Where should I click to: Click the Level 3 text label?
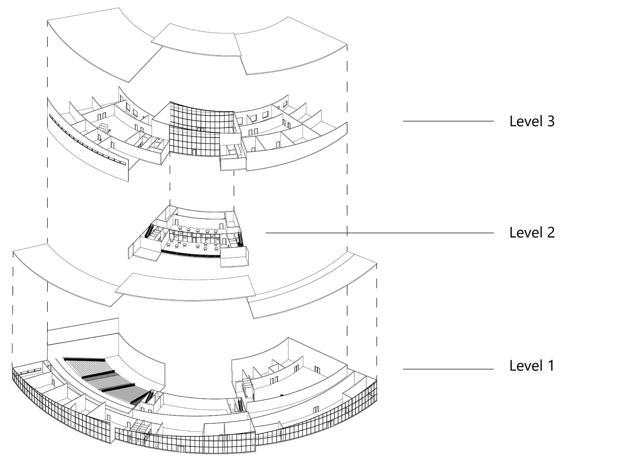point(532,121)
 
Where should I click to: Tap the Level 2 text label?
point(532,232)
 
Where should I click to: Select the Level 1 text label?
point(532,365)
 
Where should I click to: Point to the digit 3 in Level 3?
point(551,121)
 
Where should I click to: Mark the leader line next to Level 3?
point(448,121)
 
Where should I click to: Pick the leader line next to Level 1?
point(448,369)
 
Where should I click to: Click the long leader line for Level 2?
point(378,233)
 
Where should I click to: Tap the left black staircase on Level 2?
point(149,230)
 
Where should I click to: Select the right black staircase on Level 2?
point(241,239)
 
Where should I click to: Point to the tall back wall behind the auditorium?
point(83,330)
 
